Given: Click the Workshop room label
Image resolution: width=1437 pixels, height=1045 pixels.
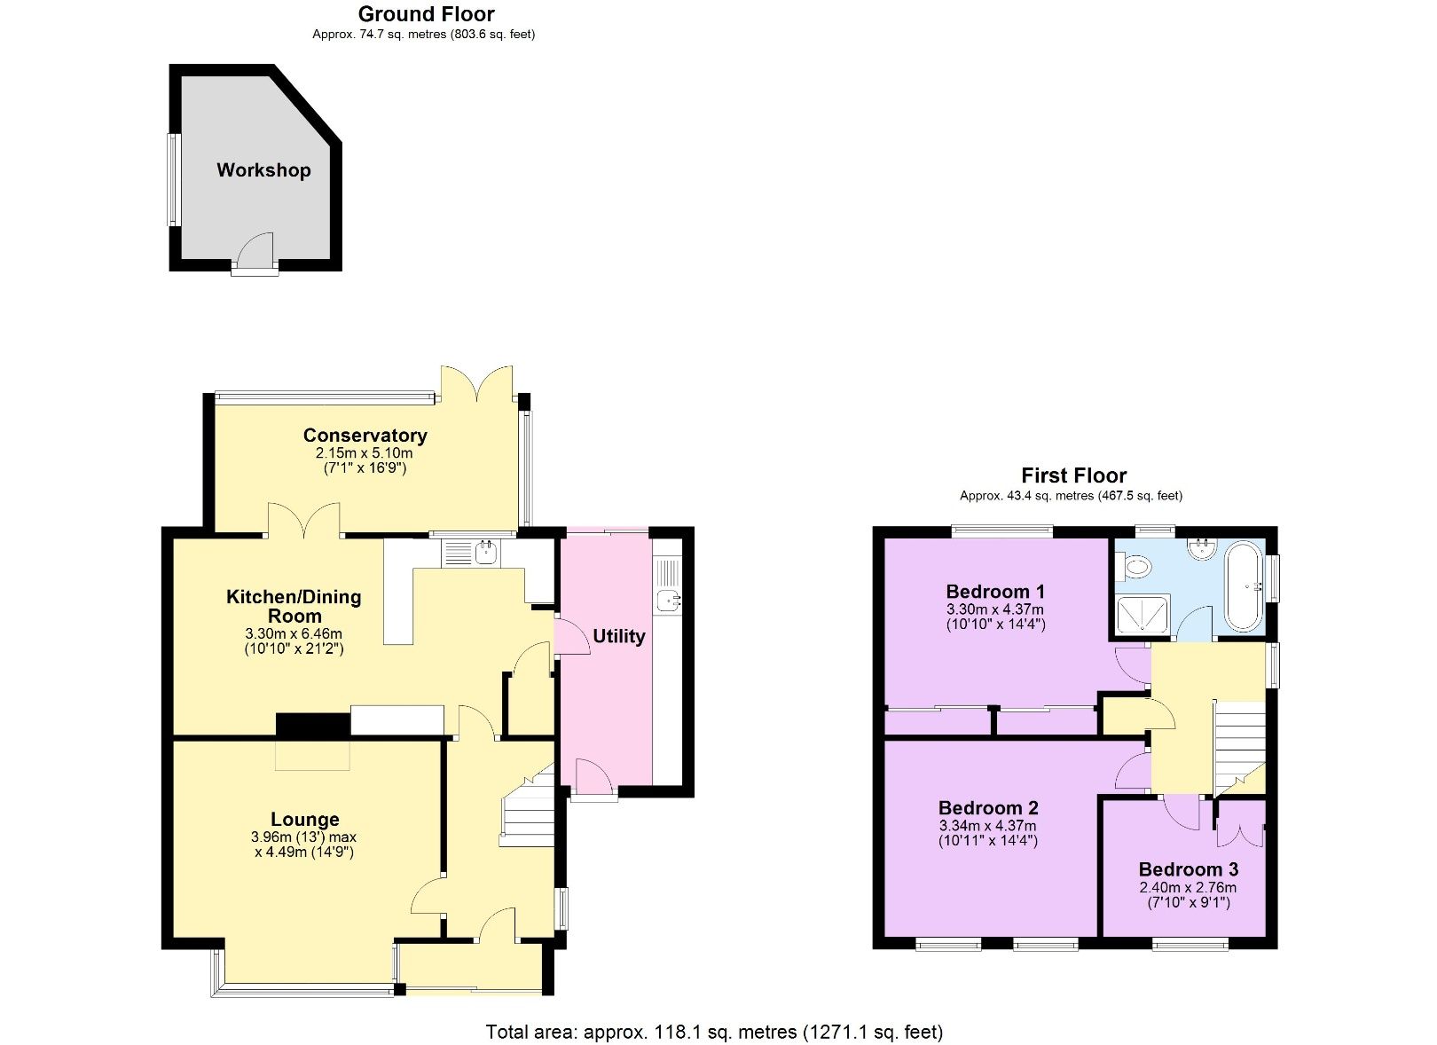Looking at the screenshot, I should tap(263, 170).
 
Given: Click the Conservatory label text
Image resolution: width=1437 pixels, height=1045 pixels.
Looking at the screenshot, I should tap(365, 435).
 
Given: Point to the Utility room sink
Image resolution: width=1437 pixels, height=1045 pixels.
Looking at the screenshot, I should tap(668, 601).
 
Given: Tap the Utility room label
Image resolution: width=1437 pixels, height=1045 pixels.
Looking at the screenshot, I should tap(618, 636).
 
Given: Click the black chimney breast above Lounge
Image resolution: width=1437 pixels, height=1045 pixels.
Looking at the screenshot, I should tap(312, 725).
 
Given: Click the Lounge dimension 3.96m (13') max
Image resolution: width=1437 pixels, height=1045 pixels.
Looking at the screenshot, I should tap(304, 837).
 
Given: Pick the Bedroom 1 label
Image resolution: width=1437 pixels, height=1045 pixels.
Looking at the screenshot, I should tap(995, 592).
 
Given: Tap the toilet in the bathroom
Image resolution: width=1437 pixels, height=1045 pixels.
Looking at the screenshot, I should tap(1135, 565).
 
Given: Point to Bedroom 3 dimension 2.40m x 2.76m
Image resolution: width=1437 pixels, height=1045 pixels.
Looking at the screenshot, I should tap(1188, 887).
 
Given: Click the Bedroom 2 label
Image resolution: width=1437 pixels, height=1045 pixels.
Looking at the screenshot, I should tap(988, 807).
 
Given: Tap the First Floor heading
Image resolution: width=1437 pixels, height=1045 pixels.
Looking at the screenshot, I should tap(1073, 475).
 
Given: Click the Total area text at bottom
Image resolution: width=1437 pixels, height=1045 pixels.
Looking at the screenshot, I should tap(714, 1032).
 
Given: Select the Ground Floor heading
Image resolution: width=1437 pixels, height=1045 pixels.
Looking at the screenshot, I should tap(426, 14).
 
